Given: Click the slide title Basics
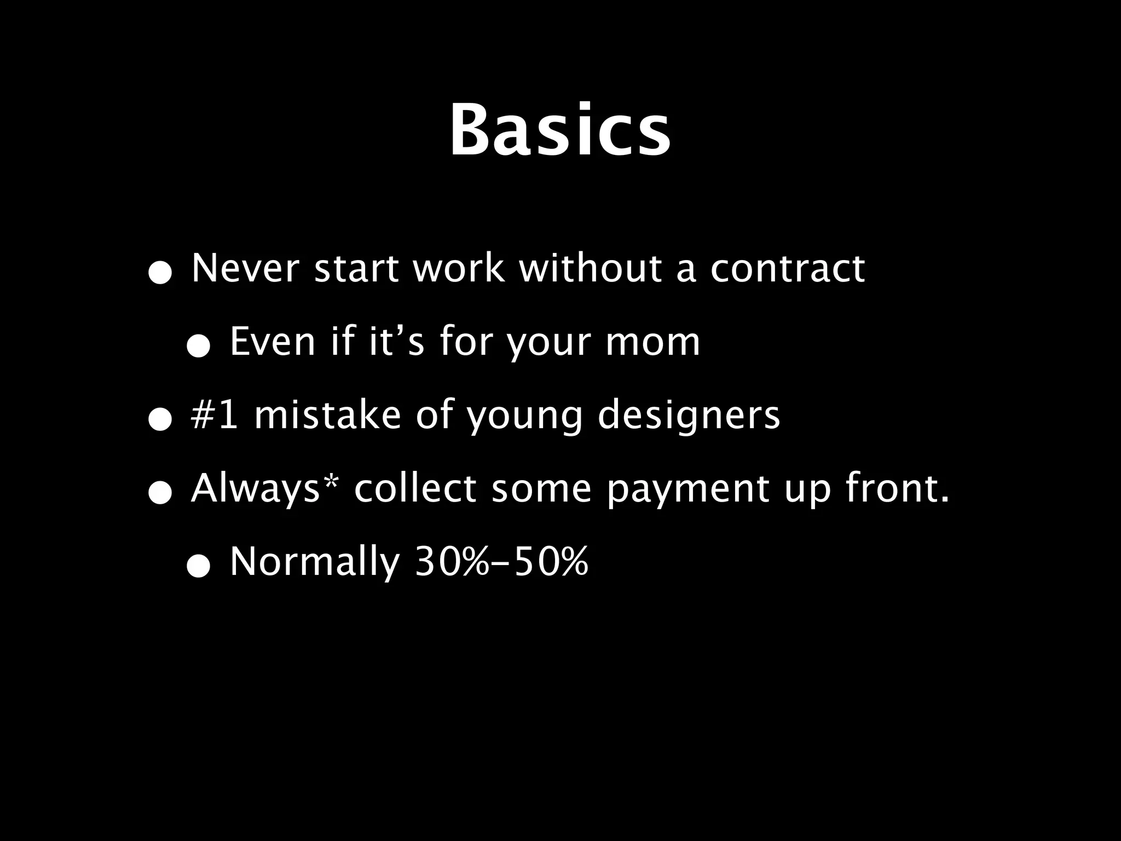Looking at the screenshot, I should (560, 131).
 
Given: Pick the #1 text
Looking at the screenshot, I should (215, 414).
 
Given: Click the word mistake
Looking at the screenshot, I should (327, 414).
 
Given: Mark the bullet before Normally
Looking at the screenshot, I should (198, 567).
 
